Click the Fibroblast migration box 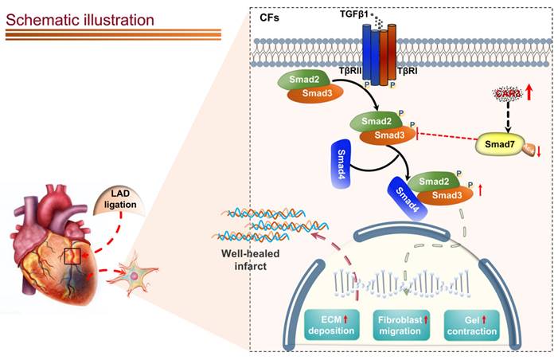pyautogui.click(x=403, y=325)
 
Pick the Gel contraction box pyautogui.click(x=471, y=325)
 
